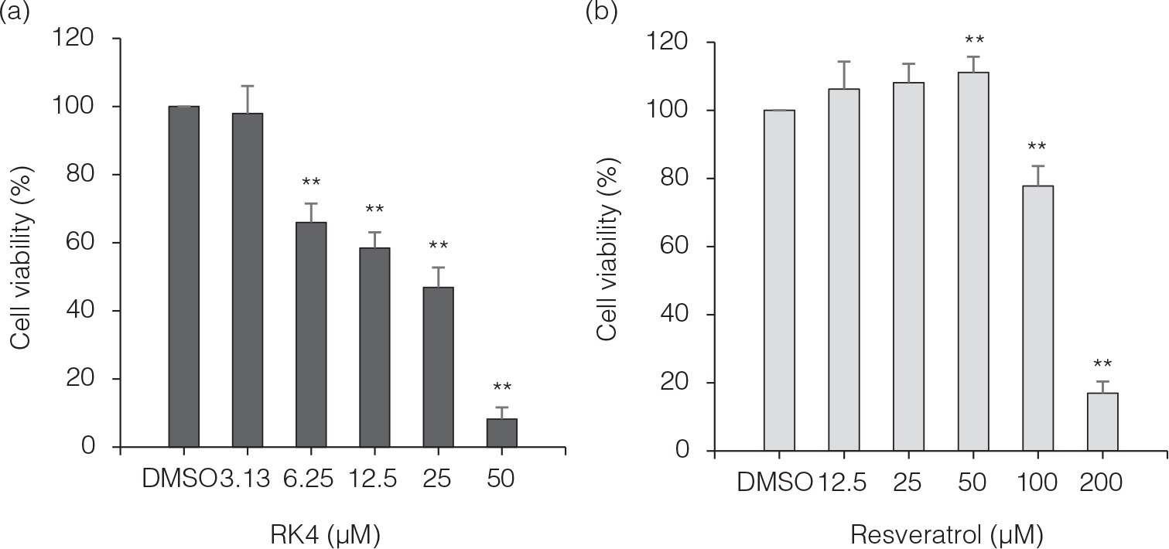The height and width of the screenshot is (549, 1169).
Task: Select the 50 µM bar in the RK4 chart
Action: (501, 433)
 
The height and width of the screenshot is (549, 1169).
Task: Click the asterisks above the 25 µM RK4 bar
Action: (438, 247)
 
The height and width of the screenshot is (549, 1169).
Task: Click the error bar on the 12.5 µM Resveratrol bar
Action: (843, 74)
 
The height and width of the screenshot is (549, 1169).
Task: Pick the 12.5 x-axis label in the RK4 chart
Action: (374, 479)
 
